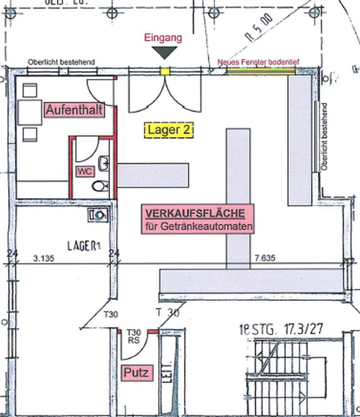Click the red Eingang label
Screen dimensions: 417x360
[163, 38]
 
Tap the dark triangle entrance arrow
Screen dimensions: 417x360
[163, 53]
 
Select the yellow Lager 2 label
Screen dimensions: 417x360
[169, 130]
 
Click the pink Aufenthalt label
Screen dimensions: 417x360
[74, 110]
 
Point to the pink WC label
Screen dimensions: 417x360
[85, 172]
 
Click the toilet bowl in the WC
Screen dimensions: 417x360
[100, 186]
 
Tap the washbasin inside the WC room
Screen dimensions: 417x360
[104, 164]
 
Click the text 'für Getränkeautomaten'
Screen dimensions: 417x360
[199, 226]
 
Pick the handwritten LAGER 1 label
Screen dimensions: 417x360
[84, 246]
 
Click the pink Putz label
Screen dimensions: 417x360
[136, 372]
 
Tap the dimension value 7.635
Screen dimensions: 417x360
[265, 258]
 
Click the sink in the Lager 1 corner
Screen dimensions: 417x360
[98, 214]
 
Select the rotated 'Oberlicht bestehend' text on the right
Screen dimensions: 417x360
[324, 136]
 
